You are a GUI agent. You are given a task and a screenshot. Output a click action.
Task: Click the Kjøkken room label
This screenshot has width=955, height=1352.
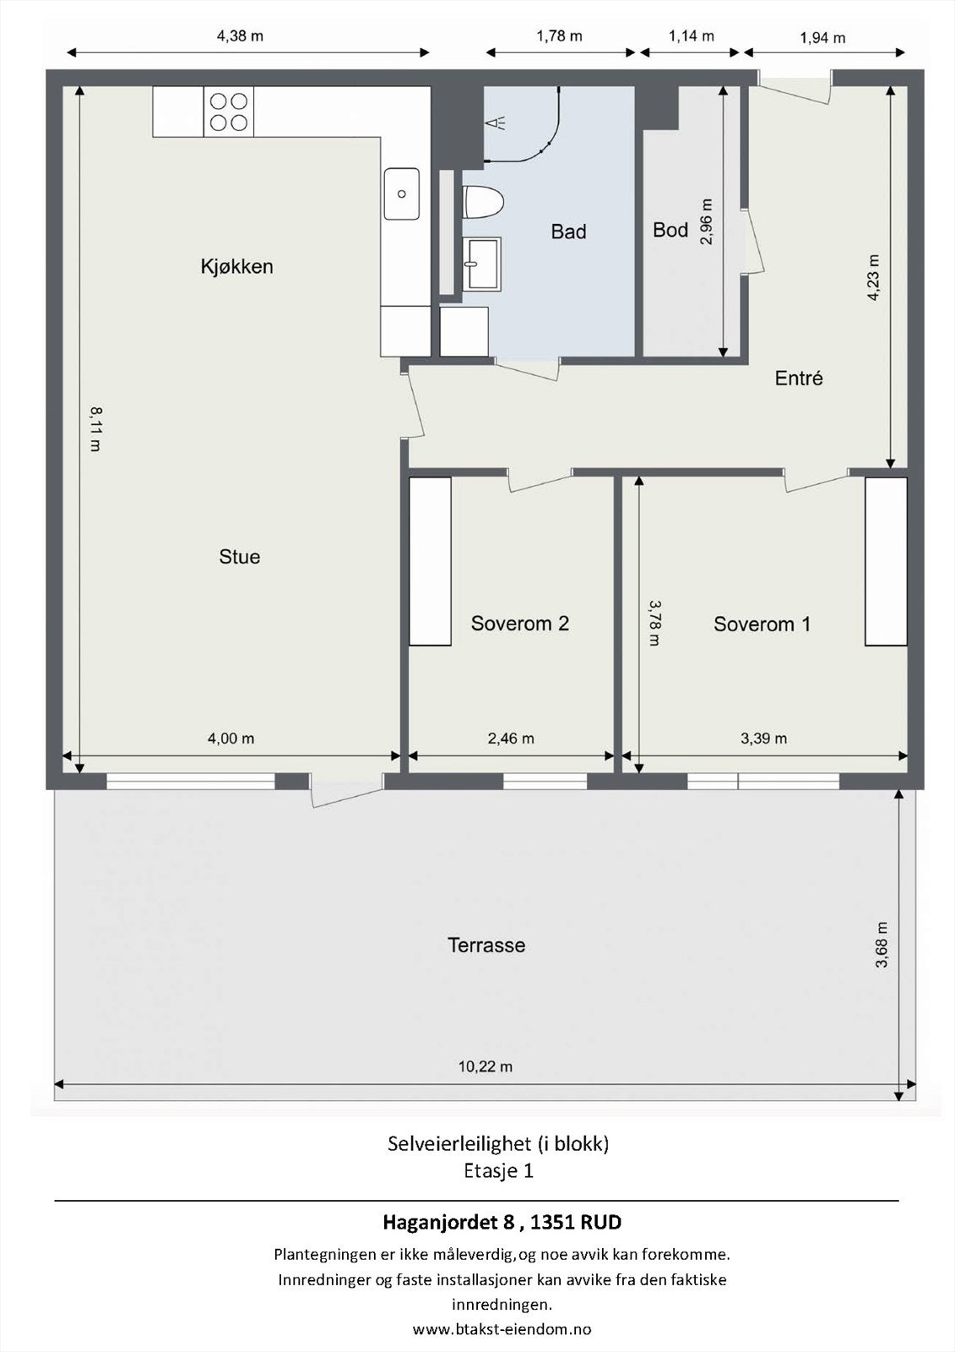(236, 266)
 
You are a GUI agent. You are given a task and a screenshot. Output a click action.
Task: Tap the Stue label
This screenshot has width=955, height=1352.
(240, 557)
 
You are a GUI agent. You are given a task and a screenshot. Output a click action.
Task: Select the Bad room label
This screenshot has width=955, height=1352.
(568, 232)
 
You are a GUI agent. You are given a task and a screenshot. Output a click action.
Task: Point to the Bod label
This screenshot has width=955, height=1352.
(670, 230)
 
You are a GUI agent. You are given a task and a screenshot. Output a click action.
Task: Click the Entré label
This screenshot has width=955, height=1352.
(799, 378)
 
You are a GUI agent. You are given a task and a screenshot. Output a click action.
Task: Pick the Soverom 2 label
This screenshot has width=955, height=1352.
(520, 623)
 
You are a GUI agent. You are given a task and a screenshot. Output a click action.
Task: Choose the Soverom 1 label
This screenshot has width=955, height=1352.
(762, 624)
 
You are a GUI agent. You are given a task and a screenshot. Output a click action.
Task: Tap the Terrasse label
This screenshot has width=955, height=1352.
(486, 945)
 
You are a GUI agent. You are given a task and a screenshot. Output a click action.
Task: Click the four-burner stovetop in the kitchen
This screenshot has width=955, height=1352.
(229, 112)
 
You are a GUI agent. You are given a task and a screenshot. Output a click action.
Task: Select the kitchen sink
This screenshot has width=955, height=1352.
(402, 194)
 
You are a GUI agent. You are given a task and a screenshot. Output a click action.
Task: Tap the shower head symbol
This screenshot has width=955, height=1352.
(496, 123)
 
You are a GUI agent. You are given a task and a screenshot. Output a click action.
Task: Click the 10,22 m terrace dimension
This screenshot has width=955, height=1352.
(486, 1066)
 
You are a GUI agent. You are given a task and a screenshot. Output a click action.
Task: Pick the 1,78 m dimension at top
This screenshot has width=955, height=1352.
(559, 36)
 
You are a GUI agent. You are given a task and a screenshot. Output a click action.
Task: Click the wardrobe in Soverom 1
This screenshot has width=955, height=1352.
(887, 561)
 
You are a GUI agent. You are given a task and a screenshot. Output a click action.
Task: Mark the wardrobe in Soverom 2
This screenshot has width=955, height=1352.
(430, 561)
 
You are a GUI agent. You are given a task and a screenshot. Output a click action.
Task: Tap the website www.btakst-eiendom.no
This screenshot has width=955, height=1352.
(502, 1329)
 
